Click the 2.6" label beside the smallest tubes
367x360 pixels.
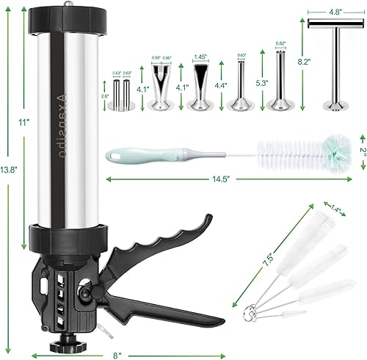pos(106,95)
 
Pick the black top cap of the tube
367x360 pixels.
pos(68,15)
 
